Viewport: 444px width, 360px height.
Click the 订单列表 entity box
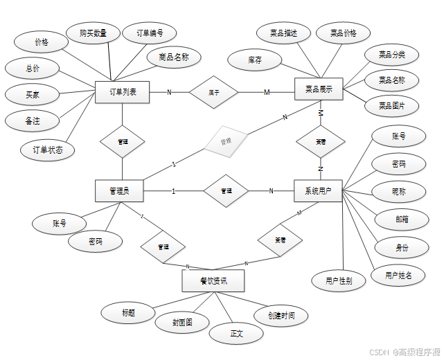(x=123, y=91)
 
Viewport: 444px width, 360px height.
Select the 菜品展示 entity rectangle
(x=319, y=89)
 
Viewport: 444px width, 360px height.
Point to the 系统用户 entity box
(x=318, y=191)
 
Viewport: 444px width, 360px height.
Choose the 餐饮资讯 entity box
(x=213, y=280)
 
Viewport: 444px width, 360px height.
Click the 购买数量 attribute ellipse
(x=91, y=33)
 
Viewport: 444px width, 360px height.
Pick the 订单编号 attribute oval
(x=148, y=33)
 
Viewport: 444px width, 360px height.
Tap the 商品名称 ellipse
(x=174, y=57)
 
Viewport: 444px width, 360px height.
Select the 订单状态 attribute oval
(x=48, y=149)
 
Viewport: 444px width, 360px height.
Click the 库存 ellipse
(x=254, y=60)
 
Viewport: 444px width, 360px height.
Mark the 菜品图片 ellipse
(x=392, y=106)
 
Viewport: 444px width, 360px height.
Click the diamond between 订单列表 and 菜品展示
(x=214, y=92)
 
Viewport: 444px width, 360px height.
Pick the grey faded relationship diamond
(x=225, y=141)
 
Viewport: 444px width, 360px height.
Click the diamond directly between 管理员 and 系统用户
(x=226, y=191)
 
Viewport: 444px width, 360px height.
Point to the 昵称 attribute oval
(x=398, y=190)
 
